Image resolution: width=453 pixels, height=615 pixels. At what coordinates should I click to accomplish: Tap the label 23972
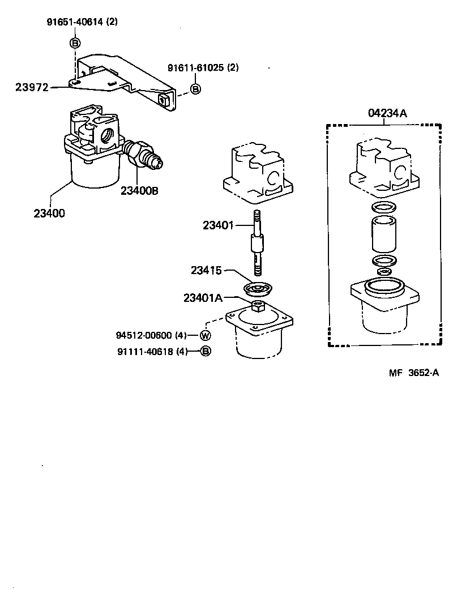coord(32,87)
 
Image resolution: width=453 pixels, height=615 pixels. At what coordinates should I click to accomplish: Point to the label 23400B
coord(139,190)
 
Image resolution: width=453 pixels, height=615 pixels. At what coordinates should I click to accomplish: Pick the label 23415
coord(206,271)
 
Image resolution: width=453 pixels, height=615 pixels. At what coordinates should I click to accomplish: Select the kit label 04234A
coord(387,113)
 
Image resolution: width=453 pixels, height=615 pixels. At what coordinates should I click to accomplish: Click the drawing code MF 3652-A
coord(414,372)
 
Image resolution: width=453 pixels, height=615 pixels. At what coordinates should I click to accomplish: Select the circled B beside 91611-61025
coord(195,89)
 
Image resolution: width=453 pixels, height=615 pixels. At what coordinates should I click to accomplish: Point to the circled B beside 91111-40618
coord(206,351)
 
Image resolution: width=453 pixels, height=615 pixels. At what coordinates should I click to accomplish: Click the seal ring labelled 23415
coord(258,289)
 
